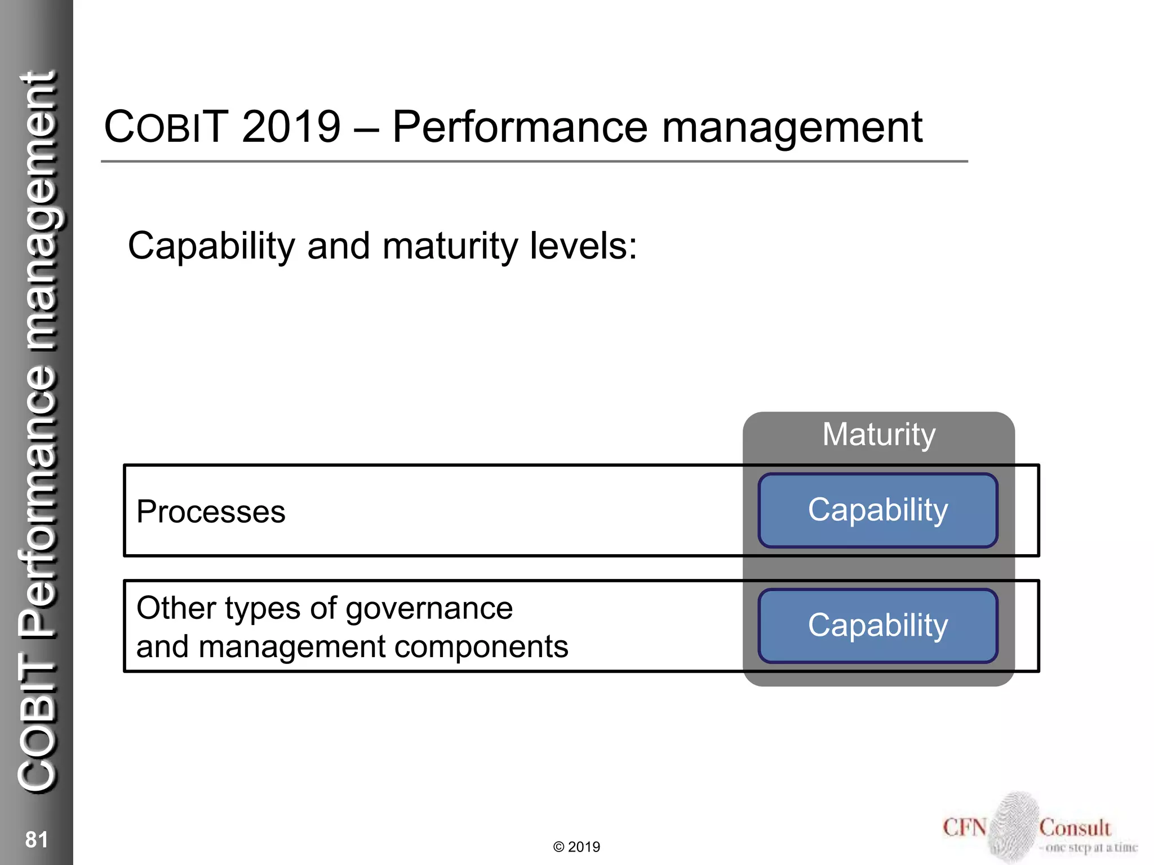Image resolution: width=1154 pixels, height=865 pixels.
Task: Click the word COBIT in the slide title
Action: click(166, 127)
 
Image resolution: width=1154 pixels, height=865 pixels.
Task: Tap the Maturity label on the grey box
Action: click(878, 435)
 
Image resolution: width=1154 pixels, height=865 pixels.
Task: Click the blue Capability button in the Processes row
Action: click(877, 510)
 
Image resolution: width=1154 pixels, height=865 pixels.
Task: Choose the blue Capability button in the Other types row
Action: click(877, 625)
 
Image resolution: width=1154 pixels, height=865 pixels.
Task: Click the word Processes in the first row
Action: click(211, 512)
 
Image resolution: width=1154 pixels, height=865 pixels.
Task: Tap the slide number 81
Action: click(36, 840)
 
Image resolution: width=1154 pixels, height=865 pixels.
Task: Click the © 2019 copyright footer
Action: click(576, 847)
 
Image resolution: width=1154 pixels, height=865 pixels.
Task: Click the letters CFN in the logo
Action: click(964, 828)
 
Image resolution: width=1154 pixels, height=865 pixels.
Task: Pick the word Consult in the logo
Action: click(1075, 828)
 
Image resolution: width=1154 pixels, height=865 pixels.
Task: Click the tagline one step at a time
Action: click(1091, 848)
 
